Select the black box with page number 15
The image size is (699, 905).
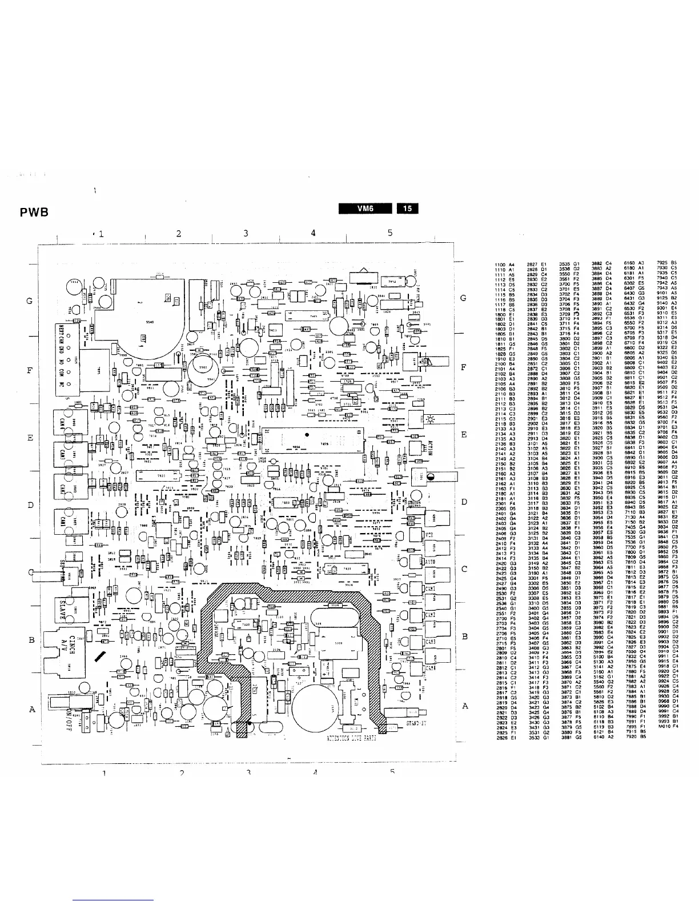pyautogui.click(x=408, y=209)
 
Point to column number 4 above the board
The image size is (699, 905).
pyautogui.click(x=313, y=233)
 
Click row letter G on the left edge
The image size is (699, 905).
pyautogui.click(x=29, y=301)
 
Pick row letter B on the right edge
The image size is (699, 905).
pyautogui.click(x=465, y=636)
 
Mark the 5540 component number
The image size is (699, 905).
pyautogui.click(x=150, y=323)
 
